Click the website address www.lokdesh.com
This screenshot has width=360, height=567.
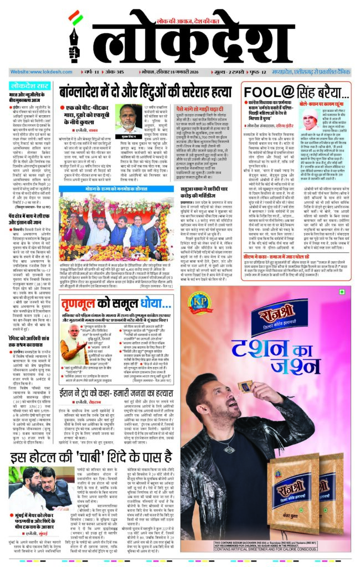point(35,72)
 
